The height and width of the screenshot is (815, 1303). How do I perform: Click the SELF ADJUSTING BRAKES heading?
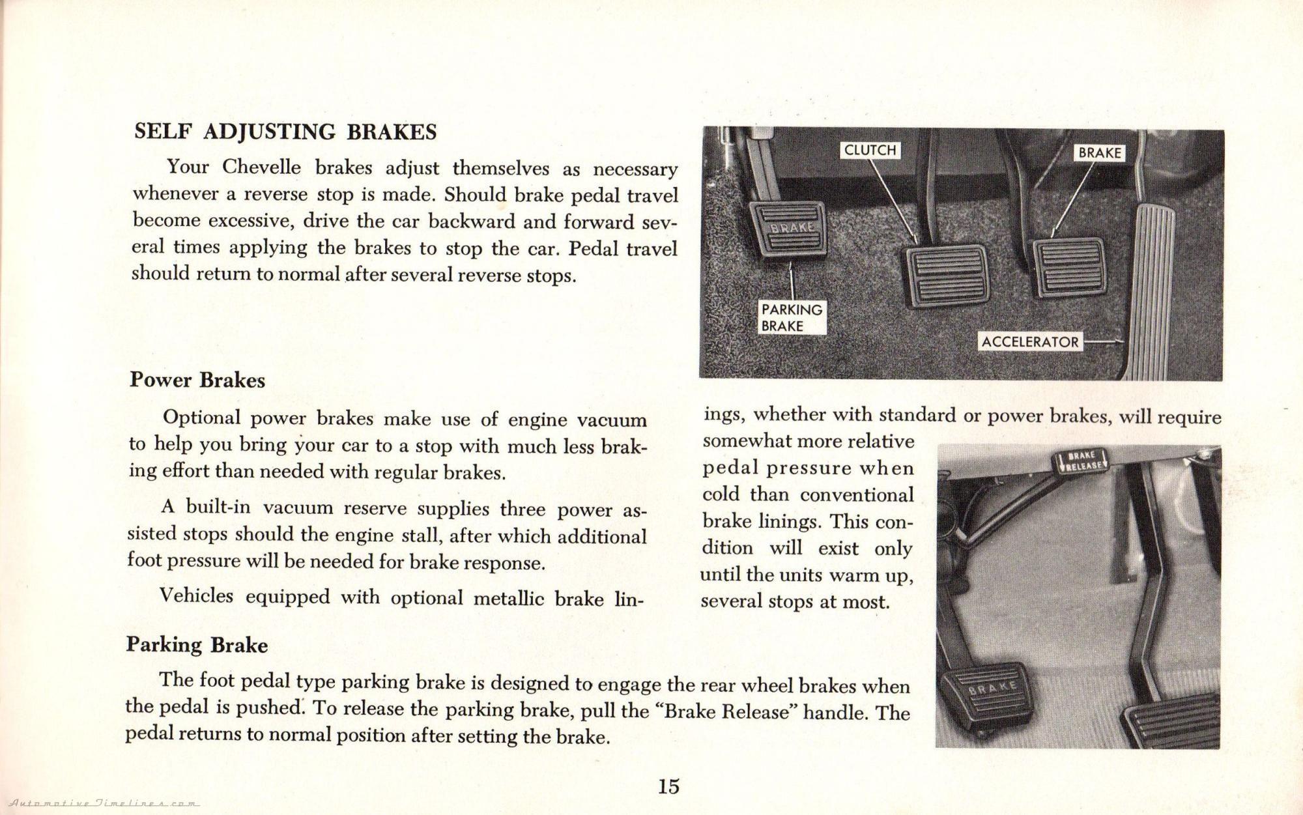285,132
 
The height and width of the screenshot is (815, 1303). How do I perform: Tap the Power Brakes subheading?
197,380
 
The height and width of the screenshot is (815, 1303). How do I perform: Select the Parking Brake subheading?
197,644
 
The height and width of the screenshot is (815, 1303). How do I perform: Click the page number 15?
668,786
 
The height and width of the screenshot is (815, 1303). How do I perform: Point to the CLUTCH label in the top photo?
870,150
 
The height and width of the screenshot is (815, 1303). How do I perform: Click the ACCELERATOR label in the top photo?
1029,341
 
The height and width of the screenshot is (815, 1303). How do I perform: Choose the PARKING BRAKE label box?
792,317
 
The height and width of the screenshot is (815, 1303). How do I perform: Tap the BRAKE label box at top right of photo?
1099,152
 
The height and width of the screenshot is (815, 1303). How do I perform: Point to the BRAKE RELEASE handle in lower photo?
1080,461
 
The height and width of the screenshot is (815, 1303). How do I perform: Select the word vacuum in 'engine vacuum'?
612,420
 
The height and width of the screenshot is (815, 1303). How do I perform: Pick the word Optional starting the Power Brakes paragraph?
201,418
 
